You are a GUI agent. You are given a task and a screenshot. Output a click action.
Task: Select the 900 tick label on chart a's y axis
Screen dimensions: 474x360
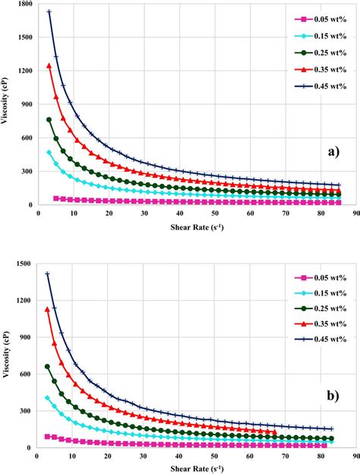[x=27, y=105]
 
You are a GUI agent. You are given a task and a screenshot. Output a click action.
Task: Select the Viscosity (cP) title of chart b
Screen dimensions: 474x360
[x=7, y=355]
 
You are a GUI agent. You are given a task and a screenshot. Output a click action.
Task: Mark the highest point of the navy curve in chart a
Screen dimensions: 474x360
[x=49, y=12]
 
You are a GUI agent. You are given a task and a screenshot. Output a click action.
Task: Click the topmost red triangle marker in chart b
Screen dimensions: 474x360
[x=48, y=309]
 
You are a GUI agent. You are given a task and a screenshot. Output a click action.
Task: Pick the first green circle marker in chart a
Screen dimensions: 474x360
[x=49, y=119]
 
